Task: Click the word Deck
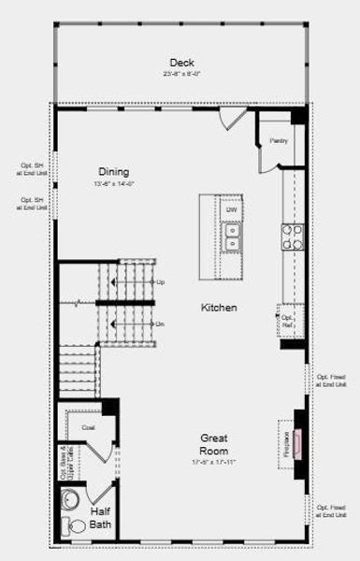pos(182,63)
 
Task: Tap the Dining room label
pos(114,172)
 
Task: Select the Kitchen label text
pos(219,308)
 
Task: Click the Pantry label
pos(279,141)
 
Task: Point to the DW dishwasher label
pos(231,210)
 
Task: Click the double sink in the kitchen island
pos(232,238)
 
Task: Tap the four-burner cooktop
pos(293,237)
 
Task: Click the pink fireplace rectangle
pos(298,443)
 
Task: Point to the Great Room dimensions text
pos(215,462)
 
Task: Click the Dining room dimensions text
pos(114,184)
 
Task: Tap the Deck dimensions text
pos(181,74)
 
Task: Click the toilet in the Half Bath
pos(72,527)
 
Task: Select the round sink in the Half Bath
pos(70,499)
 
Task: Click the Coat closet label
pos(89,427)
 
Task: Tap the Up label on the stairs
pos(160,282)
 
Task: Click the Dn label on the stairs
pos(160,324)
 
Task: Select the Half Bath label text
pos(100,519)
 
